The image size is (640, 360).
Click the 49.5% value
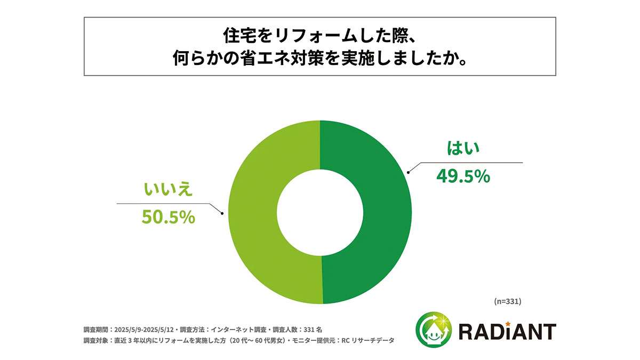coord(463,176)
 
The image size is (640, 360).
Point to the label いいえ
coord(166,190)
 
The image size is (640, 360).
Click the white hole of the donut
coord(320,212)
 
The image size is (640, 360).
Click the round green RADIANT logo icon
coord(433,329)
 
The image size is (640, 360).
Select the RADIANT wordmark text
coord(507,331)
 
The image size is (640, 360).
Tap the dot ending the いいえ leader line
coord(222,213)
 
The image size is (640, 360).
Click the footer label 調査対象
coord(94,341)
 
